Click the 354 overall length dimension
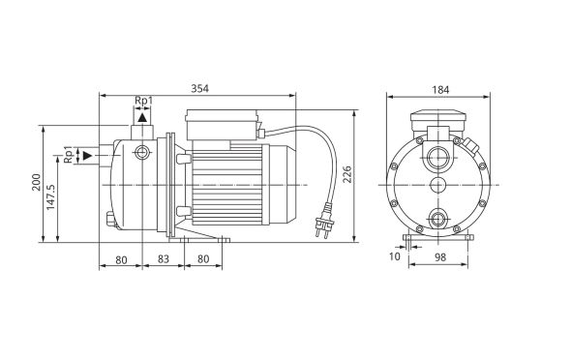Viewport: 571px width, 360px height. pos(200,88)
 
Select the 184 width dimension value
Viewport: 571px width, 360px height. pos(440,90)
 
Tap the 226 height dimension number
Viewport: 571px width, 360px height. pos(347,174)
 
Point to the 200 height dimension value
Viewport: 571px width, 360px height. pos(37,182)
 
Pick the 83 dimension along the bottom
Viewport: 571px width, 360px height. pos(164,258)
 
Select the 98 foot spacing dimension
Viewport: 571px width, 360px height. pos(440,257)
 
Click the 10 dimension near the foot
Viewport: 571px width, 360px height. pos(395,256)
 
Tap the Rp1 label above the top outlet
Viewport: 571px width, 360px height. pos(143,100)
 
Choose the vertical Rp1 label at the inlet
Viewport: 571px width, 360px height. pos(68,154)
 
